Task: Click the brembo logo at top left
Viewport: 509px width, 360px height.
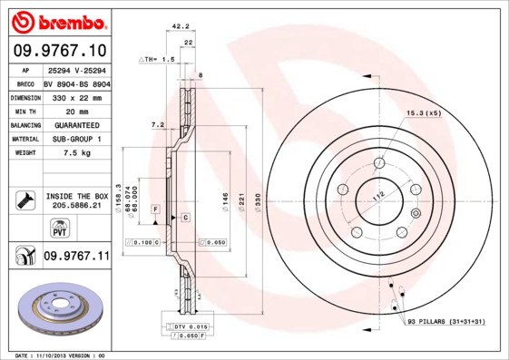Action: point(57,21)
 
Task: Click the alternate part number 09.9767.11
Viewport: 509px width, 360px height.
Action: point(75,257)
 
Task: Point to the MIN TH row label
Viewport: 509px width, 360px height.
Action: point(24,112)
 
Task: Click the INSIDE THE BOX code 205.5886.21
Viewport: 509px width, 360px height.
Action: point(76,207)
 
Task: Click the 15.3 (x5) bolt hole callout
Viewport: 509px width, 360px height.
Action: point(422,112)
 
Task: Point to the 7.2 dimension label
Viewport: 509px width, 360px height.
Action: point(156,124)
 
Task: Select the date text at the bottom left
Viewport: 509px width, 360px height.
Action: point(62,355)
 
